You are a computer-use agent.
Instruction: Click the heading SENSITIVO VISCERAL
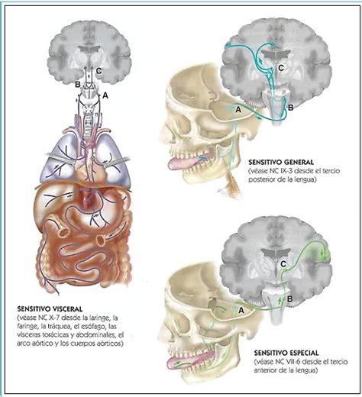click(x=50, y=309)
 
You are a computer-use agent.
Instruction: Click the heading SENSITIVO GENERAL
click(x=281, y=162)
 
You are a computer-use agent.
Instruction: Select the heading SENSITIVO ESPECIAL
click(x=286, y=353)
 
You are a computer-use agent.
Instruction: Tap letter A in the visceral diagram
click(x=105, y=95)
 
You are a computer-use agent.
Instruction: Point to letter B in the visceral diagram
click(x=78, y=84)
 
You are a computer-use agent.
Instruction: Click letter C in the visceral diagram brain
click(x=99, y=71)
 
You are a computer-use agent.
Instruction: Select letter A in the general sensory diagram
click(x=238, y=110)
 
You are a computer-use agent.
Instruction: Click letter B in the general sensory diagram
click(x=291, y=108)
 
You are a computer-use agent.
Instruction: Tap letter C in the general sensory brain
click(x=281, y=68)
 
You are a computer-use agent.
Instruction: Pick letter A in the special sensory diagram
click(x=241, y=310)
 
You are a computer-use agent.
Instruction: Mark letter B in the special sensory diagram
click(x=289, y=299)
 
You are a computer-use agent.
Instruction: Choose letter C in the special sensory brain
click(x=283, y=264)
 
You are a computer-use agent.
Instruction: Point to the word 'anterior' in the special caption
click(x=266, y=370)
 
